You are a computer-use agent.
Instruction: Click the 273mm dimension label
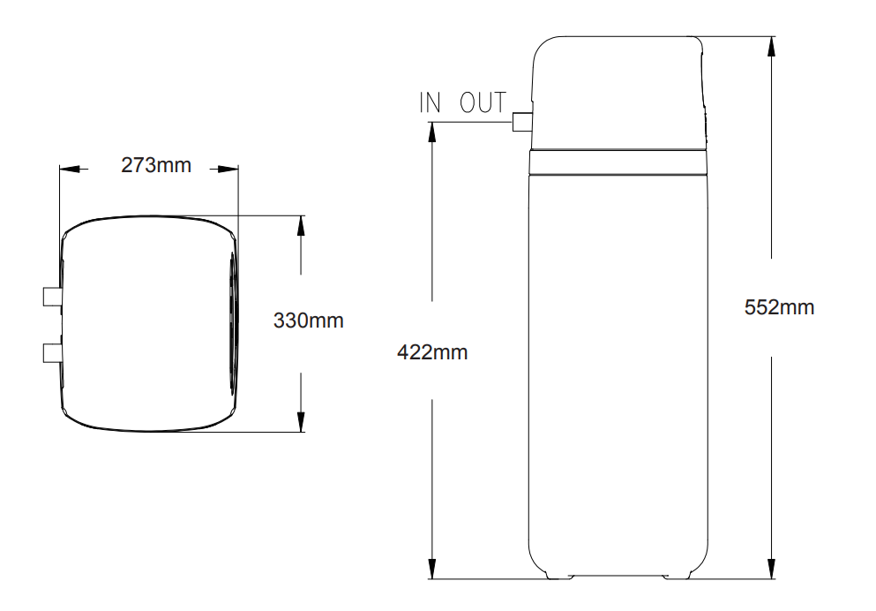click(156, 165)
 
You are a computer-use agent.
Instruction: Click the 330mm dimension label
click(308, 321)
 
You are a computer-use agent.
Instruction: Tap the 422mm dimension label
click(432, 352)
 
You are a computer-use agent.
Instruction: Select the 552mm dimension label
click(779, 307)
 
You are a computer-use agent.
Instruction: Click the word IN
click(431, 102)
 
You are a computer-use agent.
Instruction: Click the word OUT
click(483, 102)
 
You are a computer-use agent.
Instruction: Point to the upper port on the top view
click(52, 297)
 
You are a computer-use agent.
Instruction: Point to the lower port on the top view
click(52, 352)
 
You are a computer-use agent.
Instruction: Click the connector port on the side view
click(521, 122)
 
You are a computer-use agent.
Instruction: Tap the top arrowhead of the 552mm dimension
click(772, 47)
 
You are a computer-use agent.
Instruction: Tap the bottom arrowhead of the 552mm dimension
click(772, 569)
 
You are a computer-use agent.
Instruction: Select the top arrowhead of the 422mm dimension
click(432, 132)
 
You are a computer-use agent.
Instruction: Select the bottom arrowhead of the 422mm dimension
click(432, 569)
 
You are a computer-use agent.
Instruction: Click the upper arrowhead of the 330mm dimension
click(301, 226)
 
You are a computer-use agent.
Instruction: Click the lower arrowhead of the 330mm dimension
click(301, 421)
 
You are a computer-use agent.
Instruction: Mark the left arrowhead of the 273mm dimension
click(70, 169)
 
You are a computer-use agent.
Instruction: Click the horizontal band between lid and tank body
click(618, 162)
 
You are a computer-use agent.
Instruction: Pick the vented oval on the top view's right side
click(232, 323)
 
